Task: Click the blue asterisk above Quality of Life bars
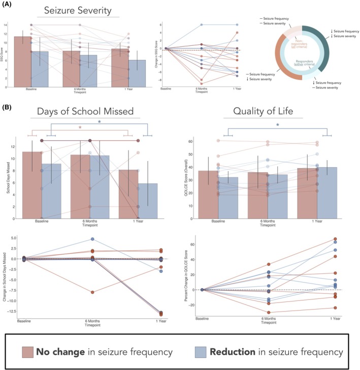pyautogui.click(x=277, y=124)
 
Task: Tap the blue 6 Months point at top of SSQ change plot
pyautogui.click(x=202, y=24)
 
